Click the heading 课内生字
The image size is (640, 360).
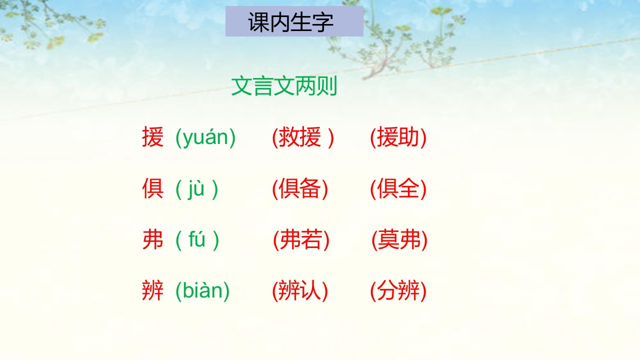(x=290, y=22)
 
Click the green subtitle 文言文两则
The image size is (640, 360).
(x=284, y=85)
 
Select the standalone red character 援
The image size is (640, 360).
(x=153, y=137)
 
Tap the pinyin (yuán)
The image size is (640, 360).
(x=205, y=138)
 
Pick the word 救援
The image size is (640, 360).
(x=299, y=137)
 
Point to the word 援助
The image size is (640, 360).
(x=398, y=137)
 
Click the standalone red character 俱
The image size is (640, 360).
(x=153, y=188)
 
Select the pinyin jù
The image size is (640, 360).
(x=196, y=189)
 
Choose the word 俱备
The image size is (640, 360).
(x=299, y=188)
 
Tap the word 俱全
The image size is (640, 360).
(x=398, y=188)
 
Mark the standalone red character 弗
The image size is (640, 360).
(x=153, y=239)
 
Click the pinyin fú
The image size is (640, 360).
(x=197, y=239)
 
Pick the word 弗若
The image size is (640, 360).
(x=301, y=239)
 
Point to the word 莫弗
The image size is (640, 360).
(x=399, y=239)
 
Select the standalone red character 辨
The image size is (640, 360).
(x=153, y=290)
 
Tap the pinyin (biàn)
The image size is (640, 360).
(x=202, y=291)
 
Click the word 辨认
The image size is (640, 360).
(x=299, y=290)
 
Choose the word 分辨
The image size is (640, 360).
(x=398, y=290)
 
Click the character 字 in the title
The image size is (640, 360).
(x=323, y=22)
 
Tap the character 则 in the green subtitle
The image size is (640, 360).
(x=327, y=85)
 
